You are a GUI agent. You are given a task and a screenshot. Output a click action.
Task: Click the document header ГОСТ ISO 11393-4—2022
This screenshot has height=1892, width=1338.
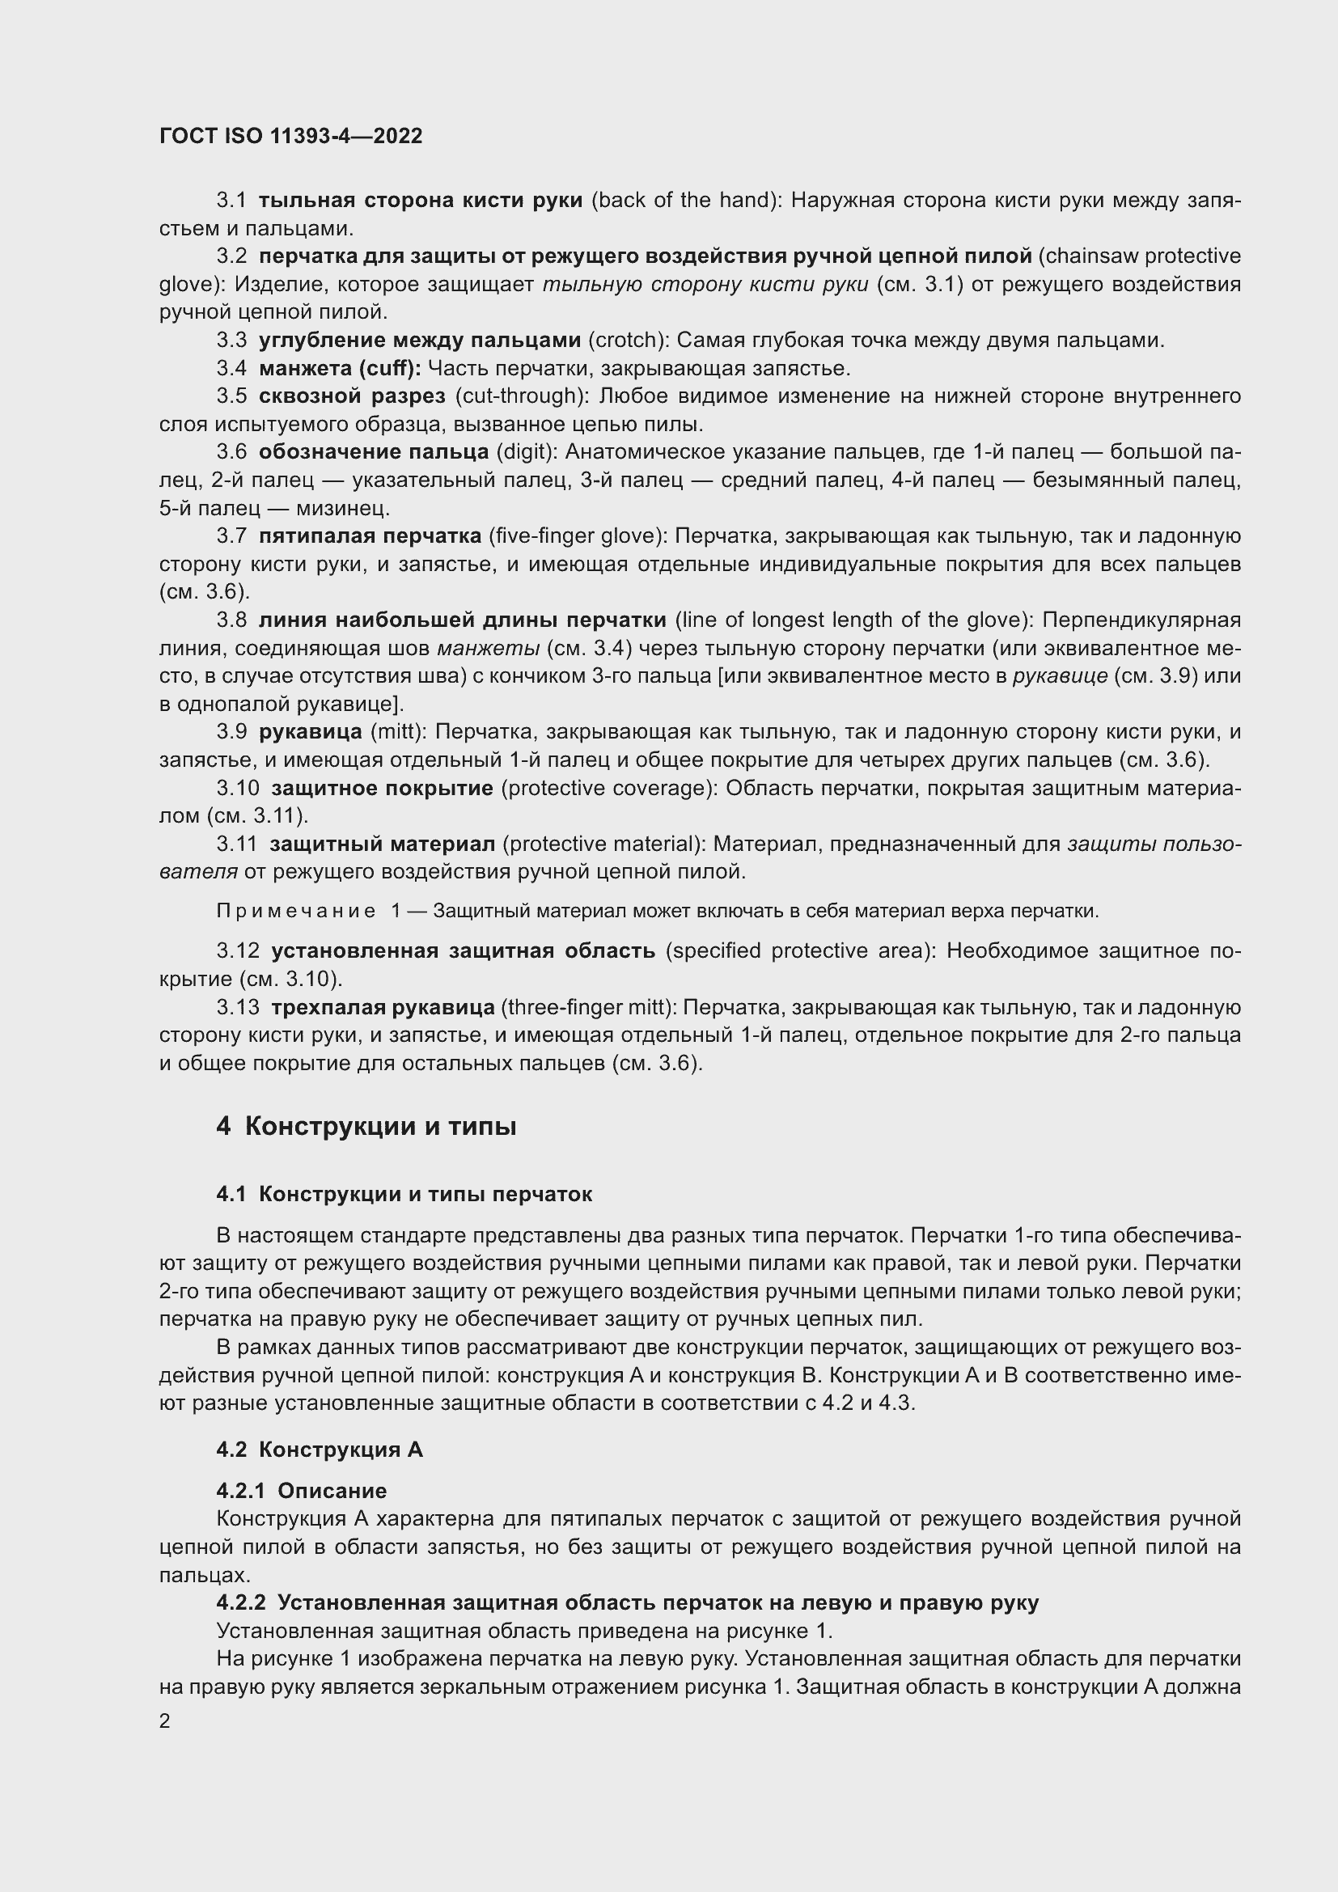pyautogui.click(x=290, y=136)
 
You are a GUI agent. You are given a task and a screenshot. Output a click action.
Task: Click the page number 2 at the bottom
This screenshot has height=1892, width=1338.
pyautogui.click(x=165, y=1721)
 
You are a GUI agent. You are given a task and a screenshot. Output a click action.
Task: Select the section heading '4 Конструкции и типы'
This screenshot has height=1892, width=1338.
pyautogui.click(x=366, y=1126)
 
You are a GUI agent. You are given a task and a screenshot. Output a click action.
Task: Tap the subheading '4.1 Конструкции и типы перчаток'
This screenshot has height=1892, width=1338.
pyautogui.click(x=404, y=1194)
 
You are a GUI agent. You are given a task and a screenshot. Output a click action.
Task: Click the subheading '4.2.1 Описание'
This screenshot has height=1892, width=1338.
pyautogui.click(x=302, y=1490)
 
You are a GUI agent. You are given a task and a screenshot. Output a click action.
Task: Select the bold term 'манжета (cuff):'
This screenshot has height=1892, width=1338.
pyautogui.click(x=340, y=367)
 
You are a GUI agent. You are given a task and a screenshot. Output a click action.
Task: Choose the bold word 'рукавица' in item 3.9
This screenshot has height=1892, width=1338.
pyautogui.click(x=310, y=732)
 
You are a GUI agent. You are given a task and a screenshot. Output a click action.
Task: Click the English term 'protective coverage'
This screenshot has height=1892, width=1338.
pyautogui.click(x=609, y=788)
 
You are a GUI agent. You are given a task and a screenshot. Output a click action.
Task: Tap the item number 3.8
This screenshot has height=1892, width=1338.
pyautogui.click(x=231, y=620)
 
